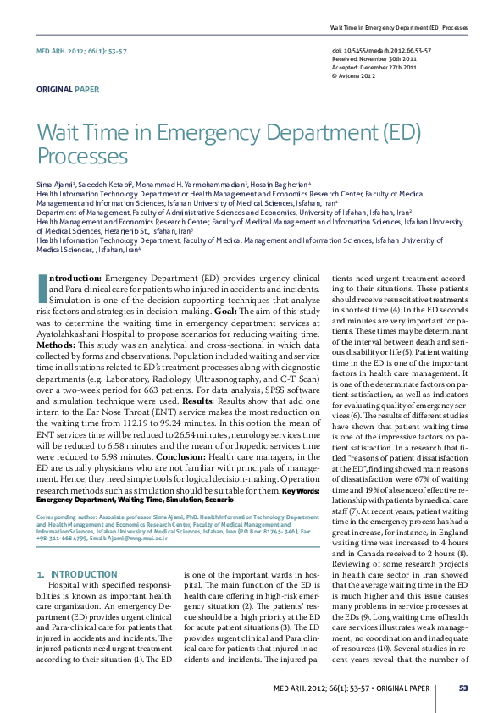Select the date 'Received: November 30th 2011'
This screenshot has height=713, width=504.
click(374, 58)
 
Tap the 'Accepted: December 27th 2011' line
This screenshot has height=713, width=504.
click(374, 67)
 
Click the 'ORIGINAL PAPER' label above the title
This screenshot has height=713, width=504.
click(67, 89)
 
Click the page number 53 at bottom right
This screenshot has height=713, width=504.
click(462, 688)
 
